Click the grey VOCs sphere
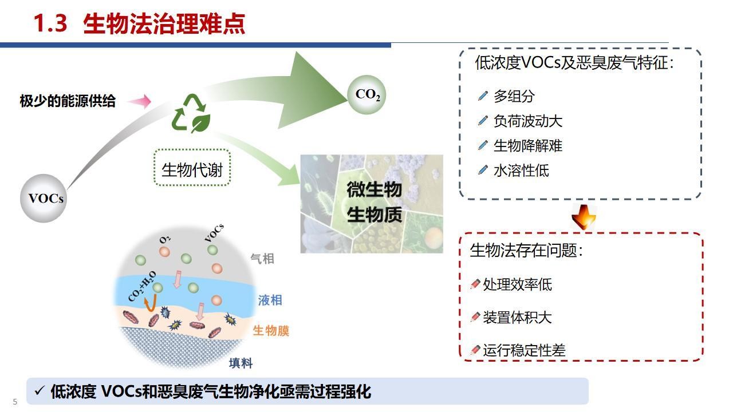pos(44,199)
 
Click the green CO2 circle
pos(366,94)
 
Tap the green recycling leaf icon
pos(191,113)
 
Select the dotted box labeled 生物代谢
pos(192,168)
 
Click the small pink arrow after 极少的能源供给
pos(139,101)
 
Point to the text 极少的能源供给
pos(68,101)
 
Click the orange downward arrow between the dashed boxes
pos(584,217)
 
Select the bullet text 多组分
pos(514,96)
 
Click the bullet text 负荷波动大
pos(528,121)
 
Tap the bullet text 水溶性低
pos(521,171)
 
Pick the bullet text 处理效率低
pos(517,284)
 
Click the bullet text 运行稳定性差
pos(524,350)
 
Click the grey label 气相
pos(262,259)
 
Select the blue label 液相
pos(270,300)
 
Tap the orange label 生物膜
pos(271,331)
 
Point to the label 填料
pos(241,363)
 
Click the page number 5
pos(15,402)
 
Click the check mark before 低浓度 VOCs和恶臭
pos(40,390)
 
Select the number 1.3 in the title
pos(50,23)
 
